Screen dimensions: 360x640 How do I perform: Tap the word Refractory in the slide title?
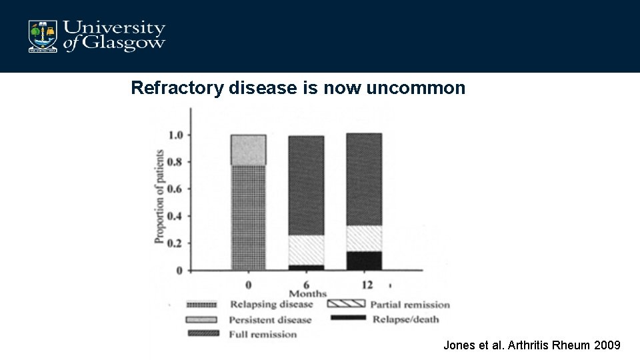pos(177,88)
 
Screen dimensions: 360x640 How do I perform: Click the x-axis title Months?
pos(307,294)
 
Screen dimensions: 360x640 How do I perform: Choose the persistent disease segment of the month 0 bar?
pos(249,150)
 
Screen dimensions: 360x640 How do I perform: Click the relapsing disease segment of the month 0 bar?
pos(249,217)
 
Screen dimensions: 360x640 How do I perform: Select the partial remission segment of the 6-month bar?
pos(306,250)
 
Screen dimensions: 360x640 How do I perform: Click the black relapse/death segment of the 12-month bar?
pos(364,261)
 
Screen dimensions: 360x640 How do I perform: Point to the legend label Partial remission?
pos(409,305)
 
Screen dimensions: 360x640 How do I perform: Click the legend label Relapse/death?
pos(405,319)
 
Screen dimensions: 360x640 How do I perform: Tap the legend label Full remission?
pos(263,333)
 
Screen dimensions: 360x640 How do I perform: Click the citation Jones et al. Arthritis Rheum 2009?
pos(531,345)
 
